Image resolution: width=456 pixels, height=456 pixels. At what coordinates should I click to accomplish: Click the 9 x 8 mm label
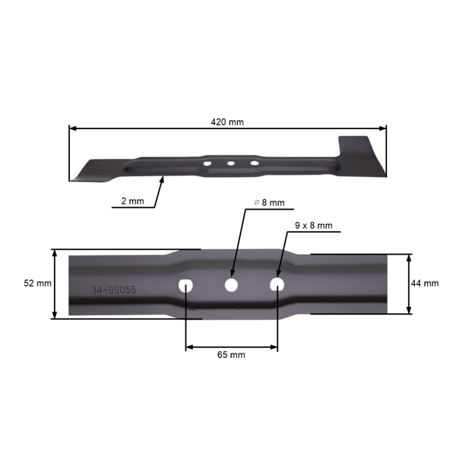tap(312, 226)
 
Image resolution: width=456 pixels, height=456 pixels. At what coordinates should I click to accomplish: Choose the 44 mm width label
tap(426, 283)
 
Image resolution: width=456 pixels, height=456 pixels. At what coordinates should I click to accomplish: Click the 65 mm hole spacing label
tap(232, 354)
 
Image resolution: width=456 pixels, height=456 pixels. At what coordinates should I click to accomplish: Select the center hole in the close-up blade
tap(231, 284)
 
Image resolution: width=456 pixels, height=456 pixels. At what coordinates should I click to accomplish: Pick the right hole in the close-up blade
tap(277, 284)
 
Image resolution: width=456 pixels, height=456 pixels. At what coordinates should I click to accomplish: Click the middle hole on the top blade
tap(229, 162)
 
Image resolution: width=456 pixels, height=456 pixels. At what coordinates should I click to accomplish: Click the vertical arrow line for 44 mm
tap(409, 283)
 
